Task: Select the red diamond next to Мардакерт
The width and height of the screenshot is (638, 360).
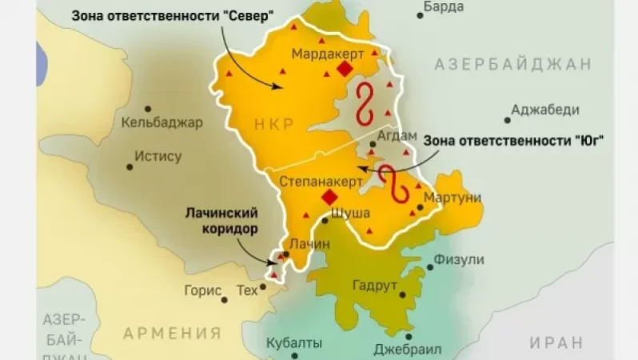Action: click(x=344, y=70)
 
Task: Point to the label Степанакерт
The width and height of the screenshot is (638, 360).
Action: click(x=315, y=182)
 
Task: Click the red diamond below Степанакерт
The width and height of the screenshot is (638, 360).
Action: click(x=328, y=198)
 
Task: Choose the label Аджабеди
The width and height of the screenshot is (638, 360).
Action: click(x=545, y=110)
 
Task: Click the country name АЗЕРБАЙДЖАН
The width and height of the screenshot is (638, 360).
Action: click(x=513, y=65)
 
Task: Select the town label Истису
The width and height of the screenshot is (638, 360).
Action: click(x=158, y=157)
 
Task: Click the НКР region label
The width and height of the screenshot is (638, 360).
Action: click(x=274, y=123)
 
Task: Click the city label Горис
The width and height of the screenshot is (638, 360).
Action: click(x=201, y=290)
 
